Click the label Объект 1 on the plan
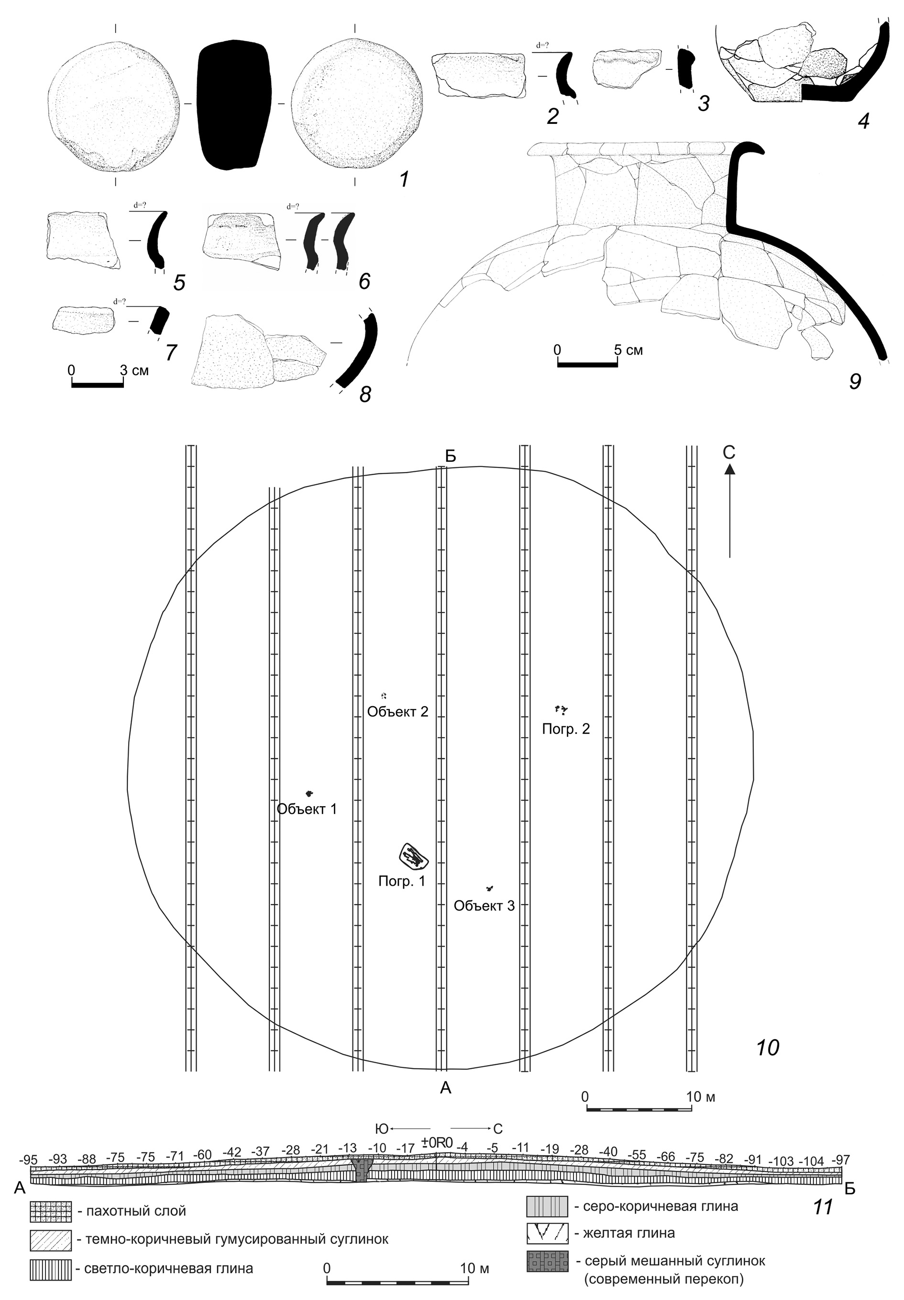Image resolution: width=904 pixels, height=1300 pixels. (x=306, y=809)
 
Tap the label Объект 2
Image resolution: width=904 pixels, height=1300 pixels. (x=397, y=711)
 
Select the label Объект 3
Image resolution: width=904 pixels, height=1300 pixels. (x=484, y=905)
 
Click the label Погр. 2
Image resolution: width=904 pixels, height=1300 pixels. (x=565, y=729)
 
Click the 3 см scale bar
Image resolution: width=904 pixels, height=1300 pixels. (x=98, y=385)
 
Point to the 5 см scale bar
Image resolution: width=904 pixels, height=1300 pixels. (x=587, y=364)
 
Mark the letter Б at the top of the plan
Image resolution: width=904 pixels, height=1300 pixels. (x=451, y=457)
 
